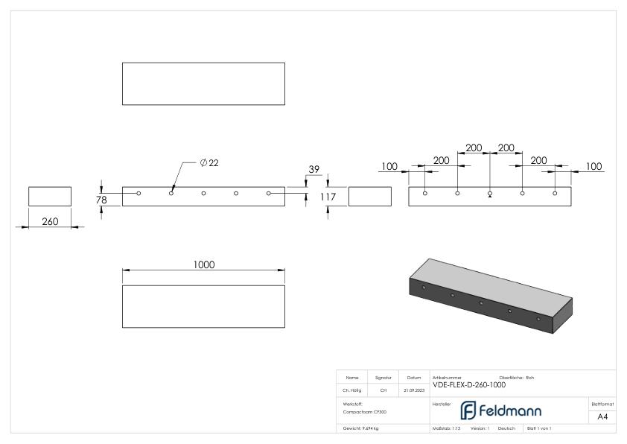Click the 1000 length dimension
coord(204,264)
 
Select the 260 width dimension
coord(49,221)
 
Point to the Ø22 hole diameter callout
coord(209,163)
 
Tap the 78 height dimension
coord(102,199)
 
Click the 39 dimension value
coord(313,170)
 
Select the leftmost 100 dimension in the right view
coord(389,166)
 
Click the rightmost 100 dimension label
coord(593,166)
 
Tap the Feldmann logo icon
coord(468,410)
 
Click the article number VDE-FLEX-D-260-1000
coord(469,384)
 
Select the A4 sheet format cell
coord(602,416)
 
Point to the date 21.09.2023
coord(413,390)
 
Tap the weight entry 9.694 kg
coord(360,428)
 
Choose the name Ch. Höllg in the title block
coord(352,390)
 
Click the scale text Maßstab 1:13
coord(448,428)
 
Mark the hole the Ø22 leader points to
coord(171,193)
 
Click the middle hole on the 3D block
coord(481,302)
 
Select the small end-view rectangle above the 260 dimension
coord(50,196)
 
